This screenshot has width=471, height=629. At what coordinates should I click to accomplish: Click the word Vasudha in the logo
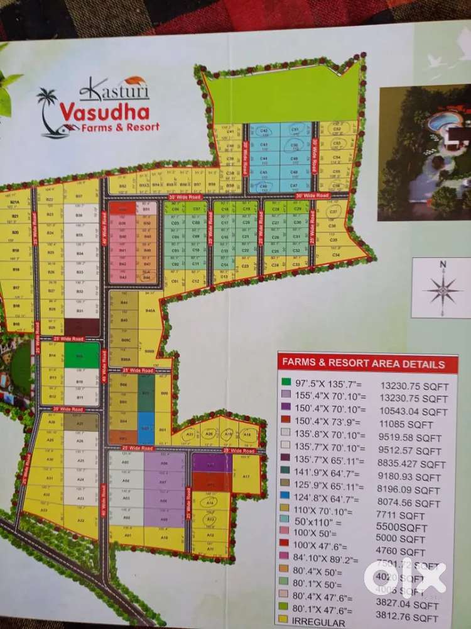tap(104, 113)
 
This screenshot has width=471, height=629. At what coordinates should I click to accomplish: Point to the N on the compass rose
tap(443, 265)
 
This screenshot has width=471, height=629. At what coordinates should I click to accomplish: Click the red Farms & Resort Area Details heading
tap(363, 364)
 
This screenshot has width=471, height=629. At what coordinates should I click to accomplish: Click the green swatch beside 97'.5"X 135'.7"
tap(286, 382)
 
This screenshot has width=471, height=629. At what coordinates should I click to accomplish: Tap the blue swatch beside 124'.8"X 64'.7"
tap(286, 502)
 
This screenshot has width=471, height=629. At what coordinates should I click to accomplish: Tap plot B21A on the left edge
tap(16, 203)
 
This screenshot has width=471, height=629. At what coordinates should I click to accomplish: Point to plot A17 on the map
tap(246, 477)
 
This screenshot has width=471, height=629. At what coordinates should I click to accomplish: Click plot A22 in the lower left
tap(82, 520)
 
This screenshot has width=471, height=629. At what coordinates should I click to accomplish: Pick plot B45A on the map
tap(150, 311)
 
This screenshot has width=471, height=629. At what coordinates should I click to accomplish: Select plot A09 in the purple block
tap(164, 520)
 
